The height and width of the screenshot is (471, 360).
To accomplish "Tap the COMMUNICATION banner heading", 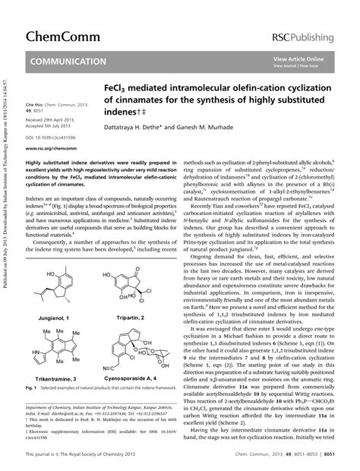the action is [x=69, y=61].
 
